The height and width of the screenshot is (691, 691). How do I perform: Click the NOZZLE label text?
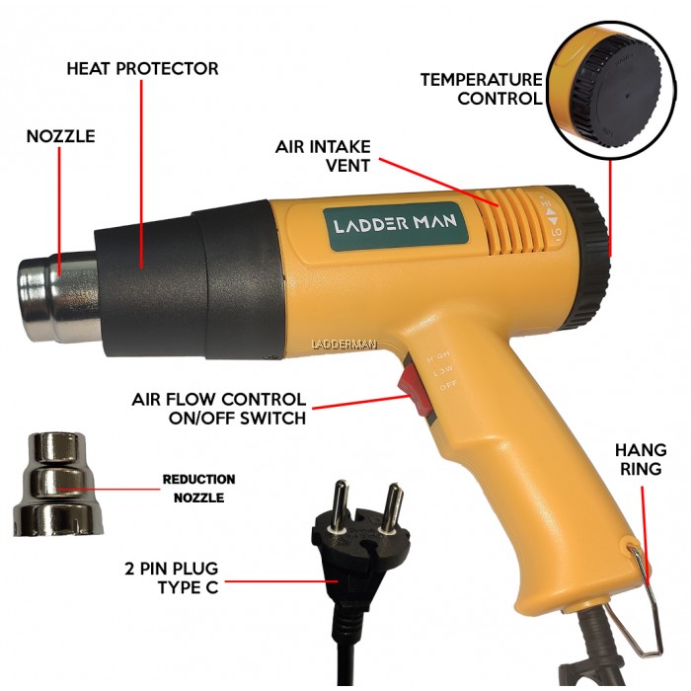tap(61, 136)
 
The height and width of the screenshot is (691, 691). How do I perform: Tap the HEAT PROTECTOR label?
tap(142, 69)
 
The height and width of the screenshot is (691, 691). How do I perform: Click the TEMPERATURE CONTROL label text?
tap(481, 88)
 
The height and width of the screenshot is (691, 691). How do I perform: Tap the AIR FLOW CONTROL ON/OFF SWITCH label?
tap(219, 409)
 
